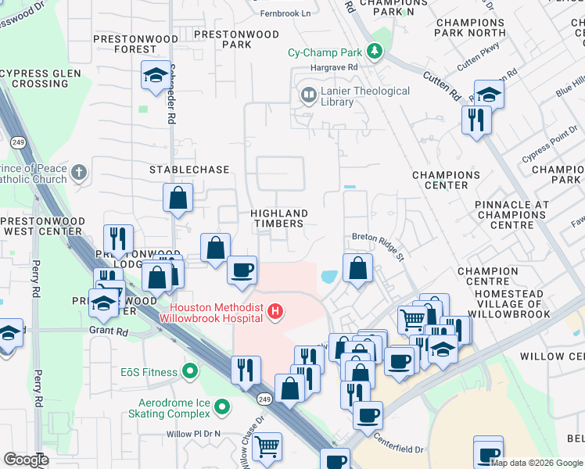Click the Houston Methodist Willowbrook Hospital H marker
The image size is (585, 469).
[x=275, y=312]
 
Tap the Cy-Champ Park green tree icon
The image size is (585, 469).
[x=376, y=52]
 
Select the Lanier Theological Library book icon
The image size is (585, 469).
[x=307, y=96]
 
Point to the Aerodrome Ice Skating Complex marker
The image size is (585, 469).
[x=222, y=406]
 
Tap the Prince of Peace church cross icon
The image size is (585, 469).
[x=77, y=172]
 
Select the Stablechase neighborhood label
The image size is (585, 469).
[x=190, y=170]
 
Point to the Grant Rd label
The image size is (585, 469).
[x=109, y=331]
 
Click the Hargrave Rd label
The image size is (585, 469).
[x=333, y=68]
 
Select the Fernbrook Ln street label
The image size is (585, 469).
[x=284, y=13]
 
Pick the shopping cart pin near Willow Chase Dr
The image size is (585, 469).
[x=267, y=447]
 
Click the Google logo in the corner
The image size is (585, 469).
[x=26, y=460]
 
